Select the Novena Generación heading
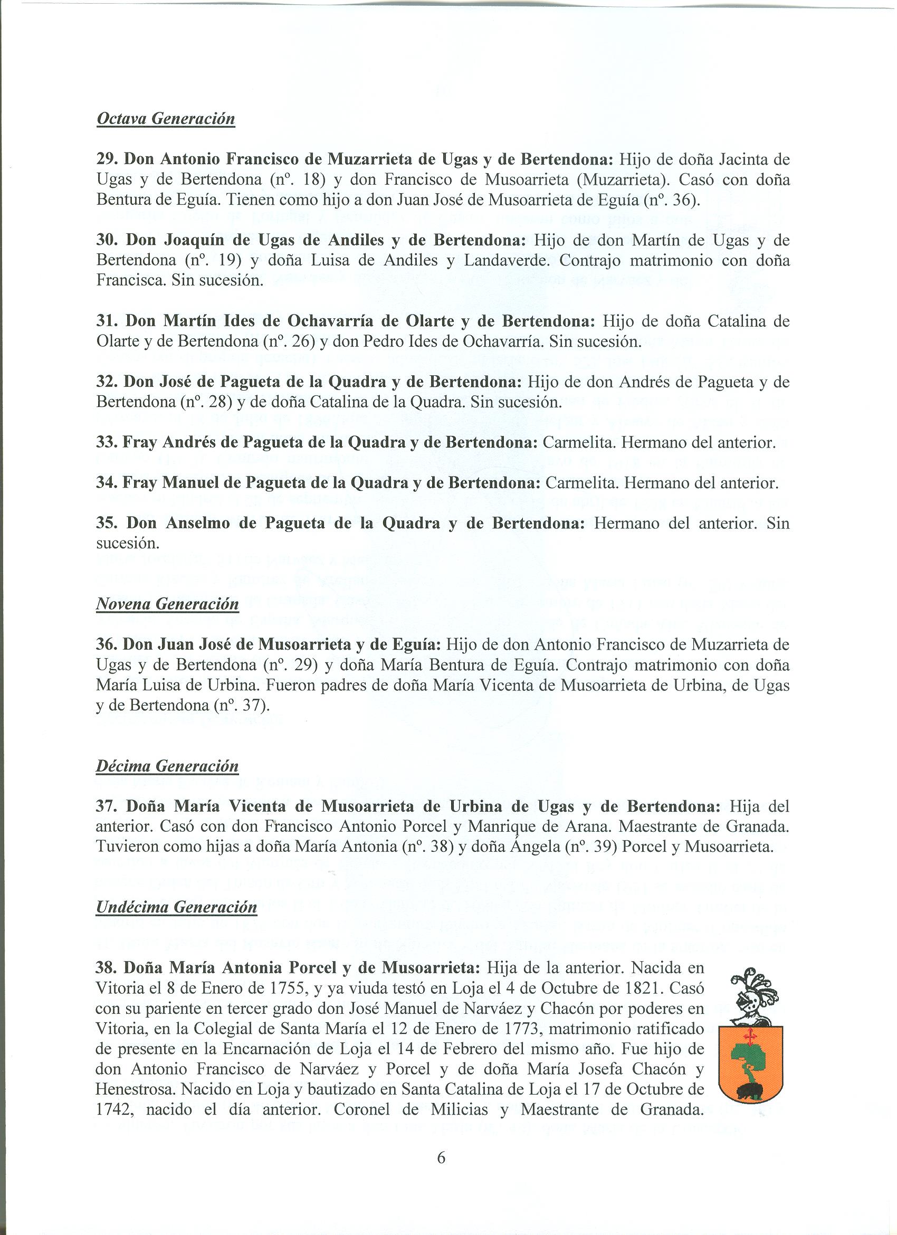[x=167, y=604]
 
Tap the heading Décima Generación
[x=167, y=766]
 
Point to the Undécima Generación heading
[x=176, y=907]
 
